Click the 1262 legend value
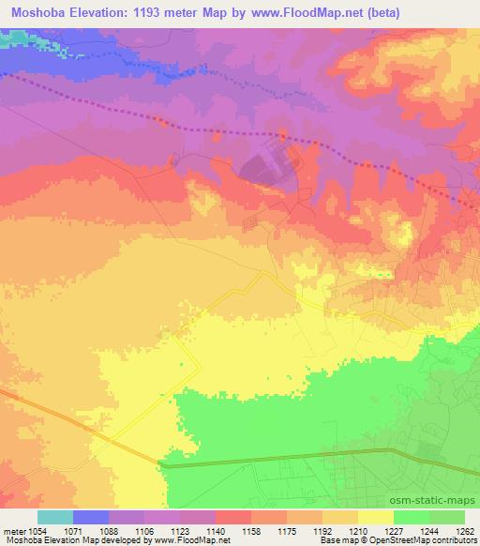(466, 530)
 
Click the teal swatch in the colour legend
(54, 517)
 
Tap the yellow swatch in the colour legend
(375, 517)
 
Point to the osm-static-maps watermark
(441, 502)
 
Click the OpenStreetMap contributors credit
(432, 540)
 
